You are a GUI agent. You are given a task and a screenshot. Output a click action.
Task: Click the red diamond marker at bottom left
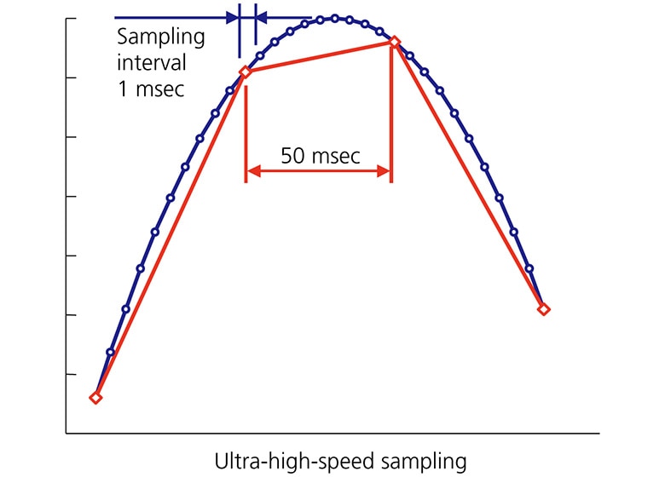point(95,398)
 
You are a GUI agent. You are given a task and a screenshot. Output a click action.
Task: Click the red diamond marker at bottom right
point(544,309)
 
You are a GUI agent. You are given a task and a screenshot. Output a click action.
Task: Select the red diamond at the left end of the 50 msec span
point(246,72)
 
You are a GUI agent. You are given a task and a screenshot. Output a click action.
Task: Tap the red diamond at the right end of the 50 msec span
point(394,41)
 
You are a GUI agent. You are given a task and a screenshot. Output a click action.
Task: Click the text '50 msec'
point(320,157)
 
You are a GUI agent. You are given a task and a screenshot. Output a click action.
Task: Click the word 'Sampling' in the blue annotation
point(161,37)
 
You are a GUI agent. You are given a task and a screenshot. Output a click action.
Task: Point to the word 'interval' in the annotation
point(153,63)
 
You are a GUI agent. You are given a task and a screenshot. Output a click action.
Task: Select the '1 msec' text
point(150,89)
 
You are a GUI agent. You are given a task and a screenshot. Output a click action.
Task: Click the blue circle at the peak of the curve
point(335,18)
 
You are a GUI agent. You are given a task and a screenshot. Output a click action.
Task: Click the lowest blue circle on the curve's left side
point(110,352)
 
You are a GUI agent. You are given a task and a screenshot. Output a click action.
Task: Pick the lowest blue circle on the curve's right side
point(529,268)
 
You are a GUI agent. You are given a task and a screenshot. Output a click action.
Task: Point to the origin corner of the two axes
point(66,434)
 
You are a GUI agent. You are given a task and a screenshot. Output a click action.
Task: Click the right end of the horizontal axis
point(598,434)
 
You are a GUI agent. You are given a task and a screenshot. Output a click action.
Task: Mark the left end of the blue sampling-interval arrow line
point(115,17)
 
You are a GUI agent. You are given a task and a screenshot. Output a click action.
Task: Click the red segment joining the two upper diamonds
point(320,56)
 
